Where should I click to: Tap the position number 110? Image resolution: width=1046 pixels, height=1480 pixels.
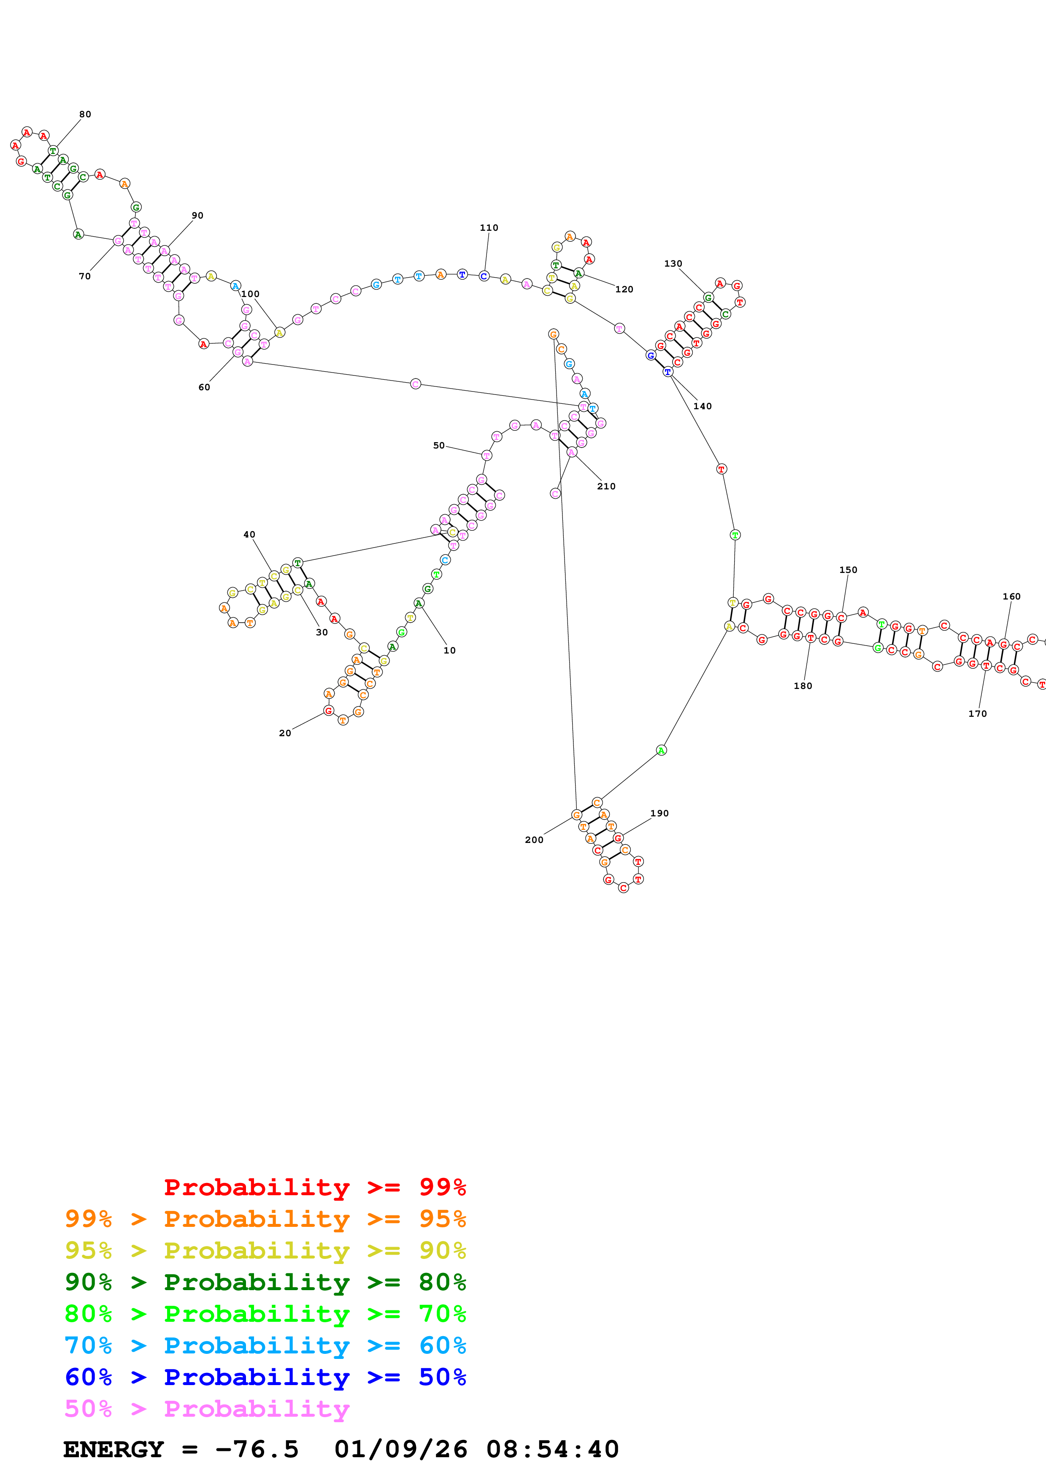point(489,227)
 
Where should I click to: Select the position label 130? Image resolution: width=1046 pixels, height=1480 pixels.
point(673,264)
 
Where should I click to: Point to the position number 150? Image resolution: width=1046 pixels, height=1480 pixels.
point(848,570)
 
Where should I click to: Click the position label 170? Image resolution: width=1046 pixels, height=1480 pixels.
point(977,713)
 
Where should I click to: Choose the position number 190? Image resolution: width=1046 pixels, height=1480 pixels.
point(659,813)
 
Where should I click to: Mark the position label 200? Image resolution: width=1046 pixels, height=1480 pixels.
point(534,840)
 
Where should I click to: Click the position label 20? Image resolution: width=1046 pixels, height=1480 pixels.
point(285,733)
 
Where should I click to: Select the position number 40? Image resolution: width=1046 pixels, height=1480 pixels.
point(249,535)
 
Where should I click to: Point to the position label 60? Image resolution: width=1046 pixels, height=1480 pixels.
point(204,387)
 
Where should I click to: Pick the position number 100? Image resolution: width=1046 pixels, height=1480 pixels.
point(250,294)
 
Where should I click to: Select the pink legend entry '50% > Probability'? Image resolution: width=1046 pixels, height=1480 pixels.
point(207,1408)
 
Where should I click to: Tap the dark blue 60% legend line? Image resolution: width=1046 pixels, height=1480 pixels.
point(265,1377)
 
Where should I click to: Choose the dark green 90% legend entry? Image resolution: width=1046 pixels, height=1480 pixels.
point(265,1282)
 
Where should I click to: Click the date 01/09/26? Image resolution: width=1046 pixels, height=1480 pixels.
point(400,1450)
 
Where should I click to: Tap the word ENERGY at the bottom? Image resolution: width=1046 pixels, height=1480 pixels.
point(114,1450)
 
